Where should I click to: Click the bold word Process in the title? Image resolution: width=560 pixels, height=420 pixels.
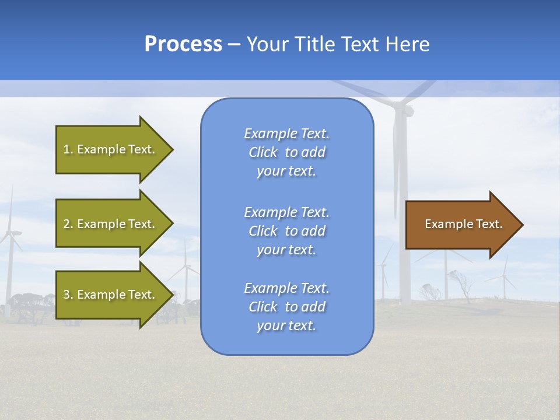(x=183, y=44)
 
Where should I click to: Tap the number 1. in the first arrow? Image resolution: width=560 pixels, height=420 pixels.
(x=68, y=149)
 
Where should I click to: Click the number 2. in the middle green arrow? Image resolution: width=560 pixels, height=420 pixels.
(x=68, y=224)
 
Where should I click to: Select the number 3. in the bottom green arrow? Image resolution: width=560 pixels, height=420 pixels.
(x=68, y=295)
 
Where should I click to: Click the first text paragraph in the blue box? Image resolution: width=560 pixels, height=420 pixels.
(x=286, y=152)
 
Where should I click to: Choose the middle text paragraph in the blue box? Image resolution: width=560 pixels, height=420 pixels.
(x=286, y=230)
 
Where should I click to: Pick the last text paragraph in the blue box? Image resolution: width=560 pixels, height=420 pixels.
(x=286, y=307)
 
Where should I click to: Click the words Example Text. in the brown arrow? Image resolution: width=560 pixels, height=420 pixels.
(x=463, y=224)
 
